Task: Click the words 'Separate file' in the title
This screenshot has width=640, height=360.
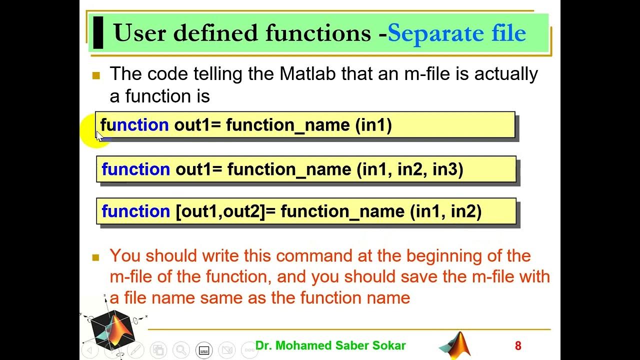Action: pyautogui.click(x=456, y=33)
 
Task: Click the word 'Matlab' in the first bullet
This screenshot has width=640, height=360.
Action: pyautogui.click(x=308, y=74)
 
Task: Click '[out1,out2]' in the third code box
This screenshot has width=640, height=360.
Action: pyautogui.click(x=219, y=211)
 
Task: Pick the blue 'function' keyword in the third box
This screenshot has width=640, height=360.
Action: pyautogui.click(x=135, y=211)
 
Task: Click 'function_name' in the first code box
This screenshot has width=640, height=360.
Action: pyautogui.click(x=288, y=125)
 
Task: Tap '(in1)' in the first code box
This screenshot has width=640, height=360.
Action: pyautogui.click(x=373, y=125)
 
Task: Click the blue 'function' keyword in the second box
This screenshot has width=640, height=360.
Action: pyautogui.click(x=135, y=169)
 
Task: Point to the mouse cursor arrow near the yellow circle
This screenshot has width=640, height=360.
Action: pyautogui.click(x=99, y=135)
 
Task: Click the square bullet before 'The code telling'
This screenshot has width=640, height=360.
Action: pyautogui.click(x=96, y=76)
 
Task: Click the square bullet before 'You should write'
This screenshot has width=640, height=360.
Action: pyautogui.click(x=96, y=258)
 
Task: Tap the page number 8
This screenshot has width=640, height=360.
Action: pyautogui.click(x=518, y=346)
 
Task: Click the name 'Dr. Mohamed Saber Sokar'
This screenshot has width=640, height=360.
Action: pyautogui.click(x=330, y=345)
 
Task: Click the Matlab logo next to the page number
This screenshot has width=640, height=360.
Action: pyautogui.click(x=456, y=345)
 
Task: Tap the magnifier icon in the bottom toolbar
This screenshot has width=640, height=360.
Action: pyautogui.click(x=181, y=349)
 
